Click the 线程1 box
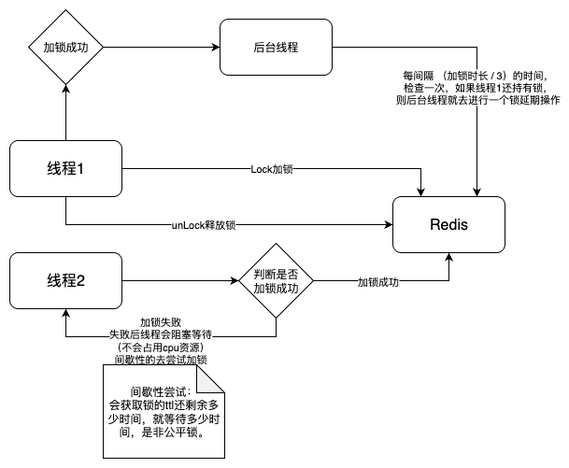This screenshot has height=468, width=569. point(66,169)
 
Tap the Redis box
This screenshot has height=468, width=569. point(448,225)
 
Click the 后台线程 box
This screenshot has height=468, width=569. point(276,45)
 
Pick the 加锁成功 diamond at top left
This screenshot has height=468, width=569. point(66,45)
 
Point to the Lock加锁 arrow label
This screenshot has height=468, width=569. point(273,170)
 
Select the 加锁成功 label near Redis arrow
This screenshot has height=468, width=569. point(378,281)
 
